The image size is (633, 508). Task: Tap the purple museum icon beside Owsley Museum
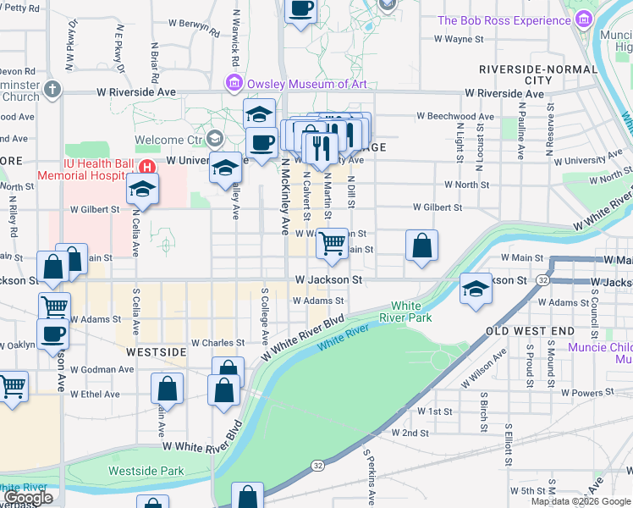point(233,83)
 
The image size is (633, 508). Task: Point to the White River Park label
point(411,312)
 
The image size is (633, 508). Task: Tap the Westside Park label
point(146,471)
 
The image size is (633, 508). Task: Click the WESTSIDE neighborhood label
point(156,351)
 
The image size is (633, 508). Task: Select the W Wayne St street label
point(458,39)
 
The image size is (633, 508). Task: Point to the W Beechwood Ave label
point(454,117)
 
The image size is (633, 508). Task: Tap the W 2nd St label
point(410,433)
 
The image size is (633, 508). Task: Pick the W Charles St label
point(217,343)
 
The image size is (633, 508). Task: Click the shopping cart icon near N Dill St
point(332,244)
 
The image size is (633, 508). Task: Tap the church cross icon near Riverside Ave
point(52,89)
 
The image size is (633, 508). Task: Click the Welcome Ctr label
point(170,140)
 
